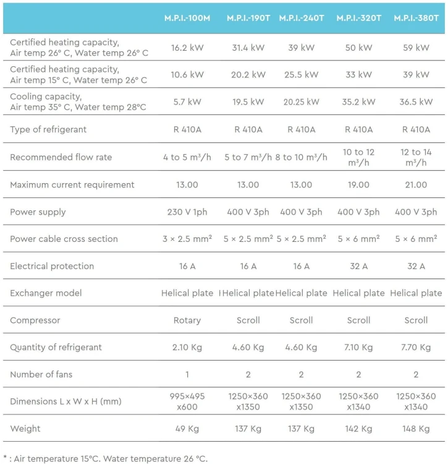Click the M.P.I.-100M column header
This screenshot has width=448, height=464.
[x=187, y=18]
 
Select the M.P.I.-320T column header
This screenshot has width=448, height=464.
[x=358, y=18]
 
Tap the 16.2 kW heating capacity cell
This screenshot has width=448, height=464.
[x=187, y=48]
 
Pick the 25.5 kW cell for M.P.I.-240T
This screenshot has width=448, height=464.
[x=301, y=75]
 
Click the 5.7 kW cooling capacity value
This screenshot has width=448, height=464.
[x=187, y=102]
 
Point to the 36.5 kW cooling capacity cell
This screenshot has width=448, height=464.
[x=416, y=102]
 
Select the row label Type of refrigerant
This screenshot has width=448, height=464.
[x=48, y=129]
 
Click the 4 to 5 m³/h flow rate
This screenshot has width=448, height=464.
[x=187, y=157]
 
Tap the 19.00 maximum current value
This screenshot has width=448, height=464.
[x=358, y=184]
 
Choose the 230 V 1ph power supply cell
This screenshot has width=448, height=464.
[x=187, y=212]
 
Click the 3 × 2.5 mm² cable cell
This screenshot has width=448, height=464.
[x=187, y=239]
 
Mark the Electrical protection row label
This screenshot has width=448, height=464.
[x=52, y=266]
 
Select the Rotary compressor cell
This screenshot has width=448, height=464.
[x=187, y=320]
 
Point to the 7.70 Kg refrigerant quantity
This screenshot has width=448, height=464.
[x=416, y=347]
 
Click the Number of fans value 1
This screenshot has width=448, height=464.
[x=187, y=374]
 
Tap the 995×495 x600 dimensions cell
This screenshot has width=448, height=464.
[x=187, y=402]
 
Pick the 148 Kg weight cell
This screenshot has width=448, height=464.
[x=416, y=429]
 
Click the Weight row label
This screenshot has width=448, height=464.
[x=25, y=429]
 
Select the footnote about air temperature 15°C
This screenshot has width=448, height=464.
[x=106, y=458]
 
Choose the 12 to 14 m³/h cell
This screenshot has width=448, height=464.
[x=416, y=157]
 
